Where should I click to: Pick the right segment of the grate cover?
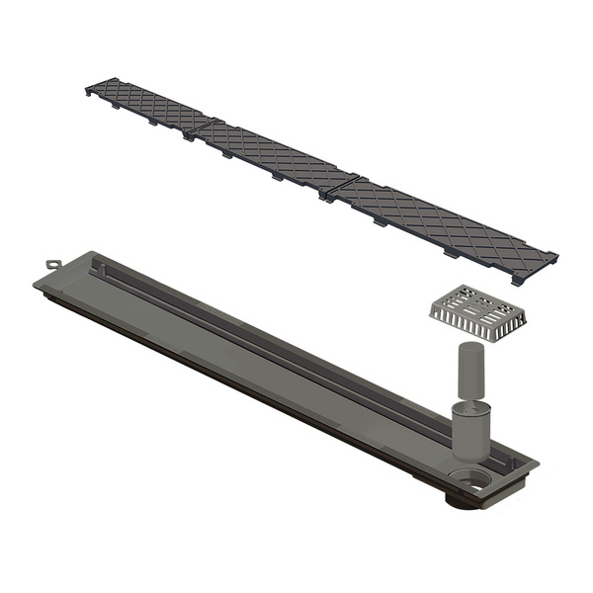(x=445, y=224)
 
